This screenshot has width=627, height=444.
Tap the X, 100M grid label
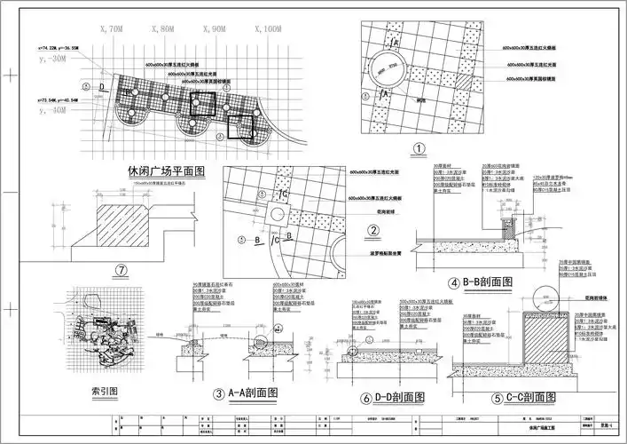(265, 29)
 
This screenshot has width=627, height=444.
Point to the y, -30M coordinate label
(54, 59)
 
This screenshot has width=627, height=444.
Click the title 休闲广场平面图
(167, 170)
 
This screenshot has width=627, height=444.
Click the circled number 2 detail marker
(373, 231)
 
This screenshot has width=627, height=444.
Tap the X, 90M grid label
(214, 29)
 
